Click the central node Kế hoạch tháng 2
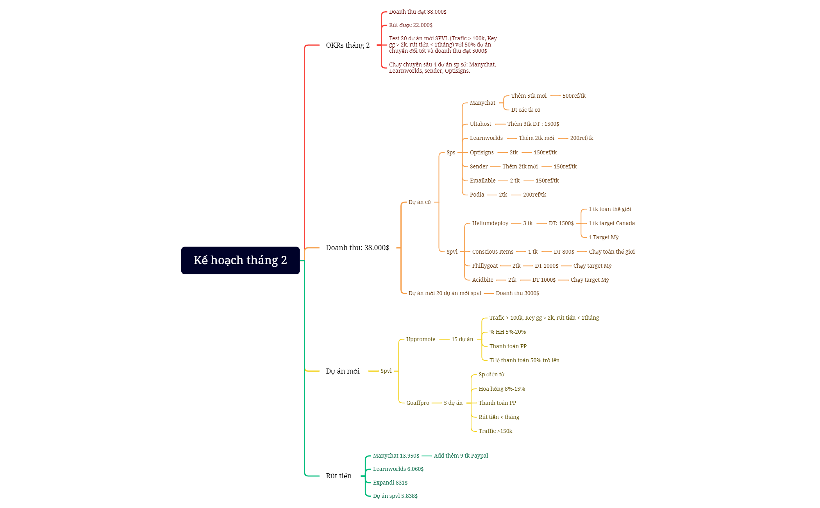click(240, 260)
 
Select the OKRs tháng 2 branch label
click(348, 45)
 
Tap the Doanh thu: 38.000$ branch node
click(357, 248)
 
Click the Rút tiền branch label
click(339, 476)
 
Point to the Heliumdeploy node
click(490, 223)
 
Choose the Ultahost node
click(481, 124)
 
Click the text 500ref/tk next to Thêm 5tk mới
click(574, 96)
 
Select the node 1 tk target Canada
click(612, 223)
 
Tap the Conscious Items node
click(493, 252)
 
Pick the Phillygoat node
click(485, 266)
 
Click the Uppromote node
click(421, 339)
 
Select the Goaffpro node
click(418, 403)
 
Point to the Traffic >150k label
click(495, 431)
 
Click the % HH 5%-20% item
click(507, 332)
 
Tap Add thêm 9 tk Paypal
click(461, 456)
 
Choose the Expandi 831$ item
click(390, 483)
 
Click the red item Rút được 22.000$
click(411, 25)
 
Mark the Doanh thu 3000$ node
click(517, 293)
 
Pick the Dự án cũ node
click(420, 202)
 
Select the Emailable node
click(482, 181)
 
